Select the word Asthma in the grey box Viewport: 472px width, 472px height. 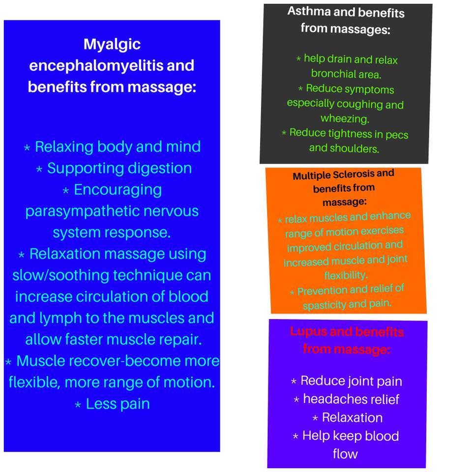click(x=309, y=11)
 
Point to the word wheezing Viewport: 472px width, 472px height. click(x=345, y=119)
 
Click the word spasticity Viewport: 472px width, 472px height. click(x=325, y=305)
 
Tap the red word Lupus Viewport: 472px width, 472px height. click(x=308, y=332)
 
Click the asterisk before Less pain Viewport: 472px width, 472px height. click(x=78, y=405)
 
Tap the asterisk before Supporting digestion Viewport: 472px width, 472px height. click(x=39, y=169)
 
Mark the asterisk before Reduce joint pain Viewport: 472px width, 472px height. click(x=294, y=382)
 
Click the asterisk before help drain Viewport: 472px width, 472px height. click(x=298, y=59)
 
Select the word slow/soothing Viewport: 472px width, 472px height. click(x=60, y=276)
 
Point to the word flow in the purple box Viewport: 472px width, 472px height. click(x=345, y=454)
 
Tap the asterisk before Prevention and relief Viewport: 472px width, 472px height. click(x=292, y=292)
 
